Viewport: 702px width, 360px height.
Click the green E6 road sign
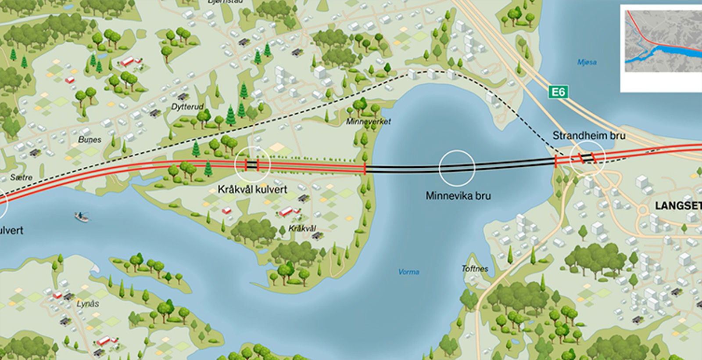coord(558,92)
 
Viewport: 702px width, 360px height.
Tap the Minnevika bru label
coord(458,196)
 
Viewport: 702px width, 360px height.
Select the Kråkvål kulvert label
coord(252,190)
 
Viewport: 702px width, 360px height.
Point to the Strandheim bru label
coord(588,136)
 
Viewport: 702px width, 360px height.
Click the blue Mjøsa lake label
coord(587,62)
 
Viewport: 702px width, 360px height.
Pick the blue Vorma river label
coord(408,272)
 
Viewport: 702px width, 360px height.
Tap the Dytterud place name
coord(187,107)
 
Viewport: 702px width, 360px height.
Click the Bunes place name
coord(90,140)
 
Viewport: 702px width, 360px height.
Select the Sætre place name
coord(21,177)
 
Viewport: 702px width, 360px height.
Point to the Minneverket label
coord(368,122)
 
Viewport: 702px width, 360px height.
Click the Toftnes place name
coord(474,268)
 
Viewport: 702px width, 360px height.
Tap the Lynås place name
coord(88,304)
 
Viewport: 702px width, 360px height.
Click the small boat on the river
coord(82,216)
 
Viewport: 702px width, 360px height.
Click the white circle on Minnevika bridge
coord(457,168)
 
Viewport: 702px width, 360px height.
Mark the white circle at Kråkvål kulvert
coord(253,164)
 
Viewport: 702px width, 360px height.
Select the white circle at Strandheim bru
coord(587,158)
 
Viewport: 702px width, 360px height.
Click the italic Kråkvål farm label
coord(302,229)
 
